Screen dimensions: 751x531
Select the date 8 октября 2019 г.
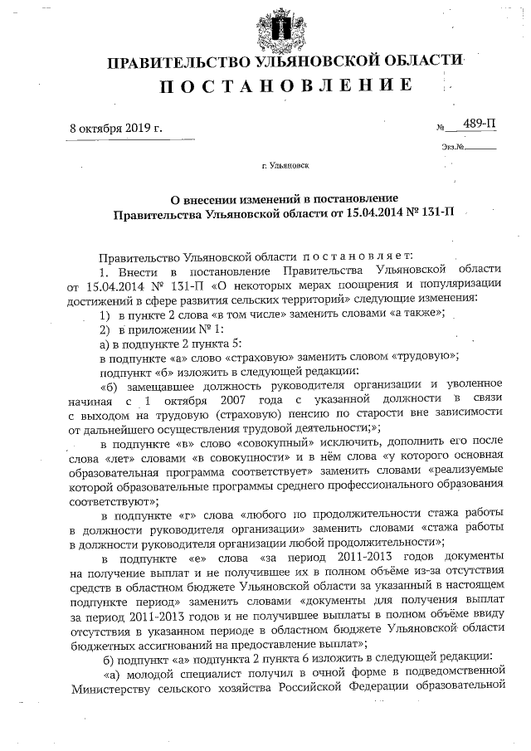tap(116, 129)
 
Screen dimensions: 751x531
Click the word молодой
tap(151, 671)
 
